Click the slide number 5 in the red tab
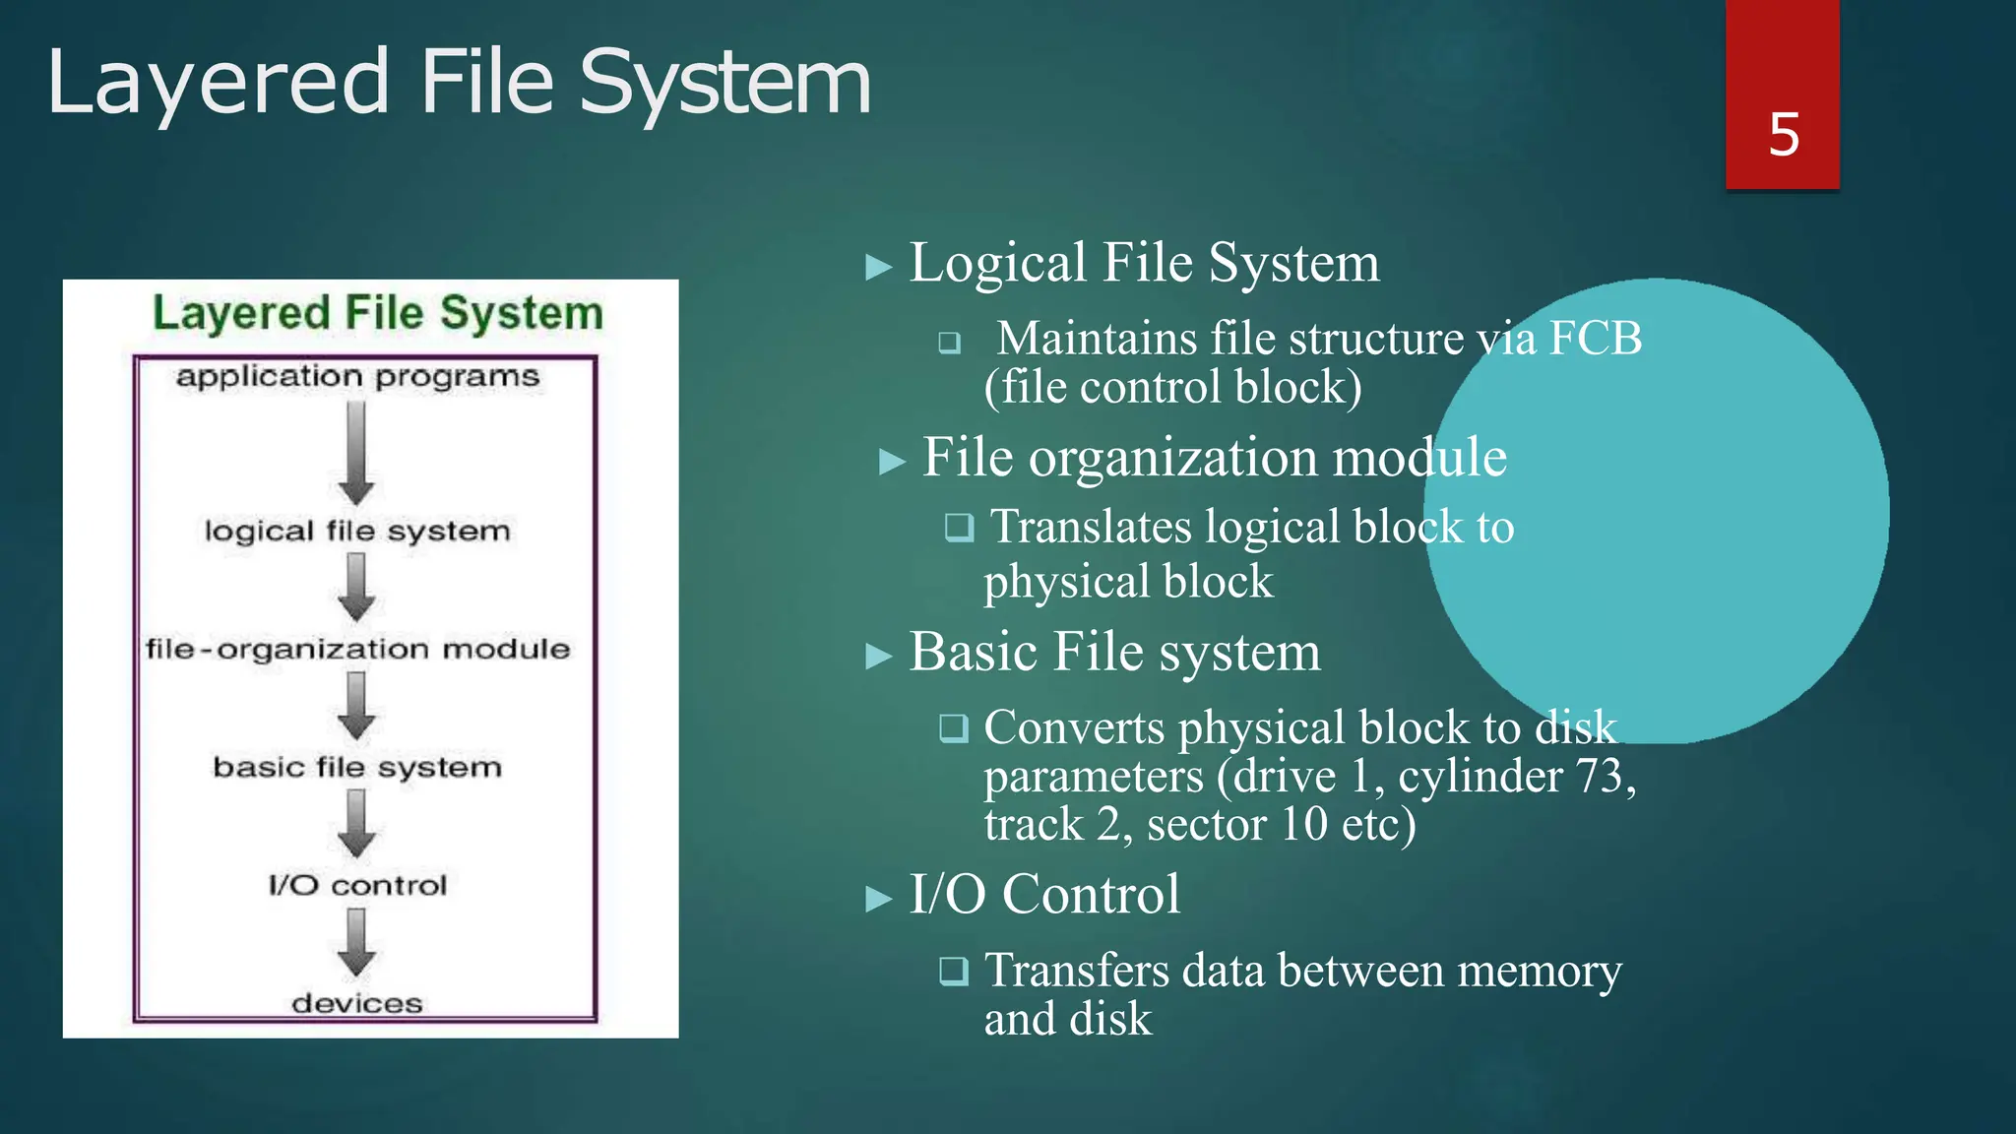[1784, 135]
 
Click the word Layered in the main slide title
[218, 83]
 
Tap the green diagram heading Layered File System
[378, 313]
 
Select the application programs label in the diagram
[358, 377]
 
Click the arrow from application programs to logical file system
[356, 453]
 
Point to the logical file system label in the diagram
[357, 532]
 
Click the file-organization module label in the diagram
[357, 650]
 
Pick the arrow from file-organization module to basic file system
[356, 706]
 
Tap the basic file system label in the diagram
[357, 768]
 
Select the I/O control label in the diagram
[357, 886]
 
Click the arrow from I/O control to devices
[356, 942]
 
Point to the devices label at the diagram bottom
[357, 1004]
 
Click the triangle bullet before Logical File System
[878, 267]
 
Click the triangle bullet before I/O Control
[878, 899]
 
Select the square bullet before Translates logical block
[959, 528]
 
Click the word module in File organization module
[1418, 458]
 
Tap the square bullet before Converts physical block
[953, 728]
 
